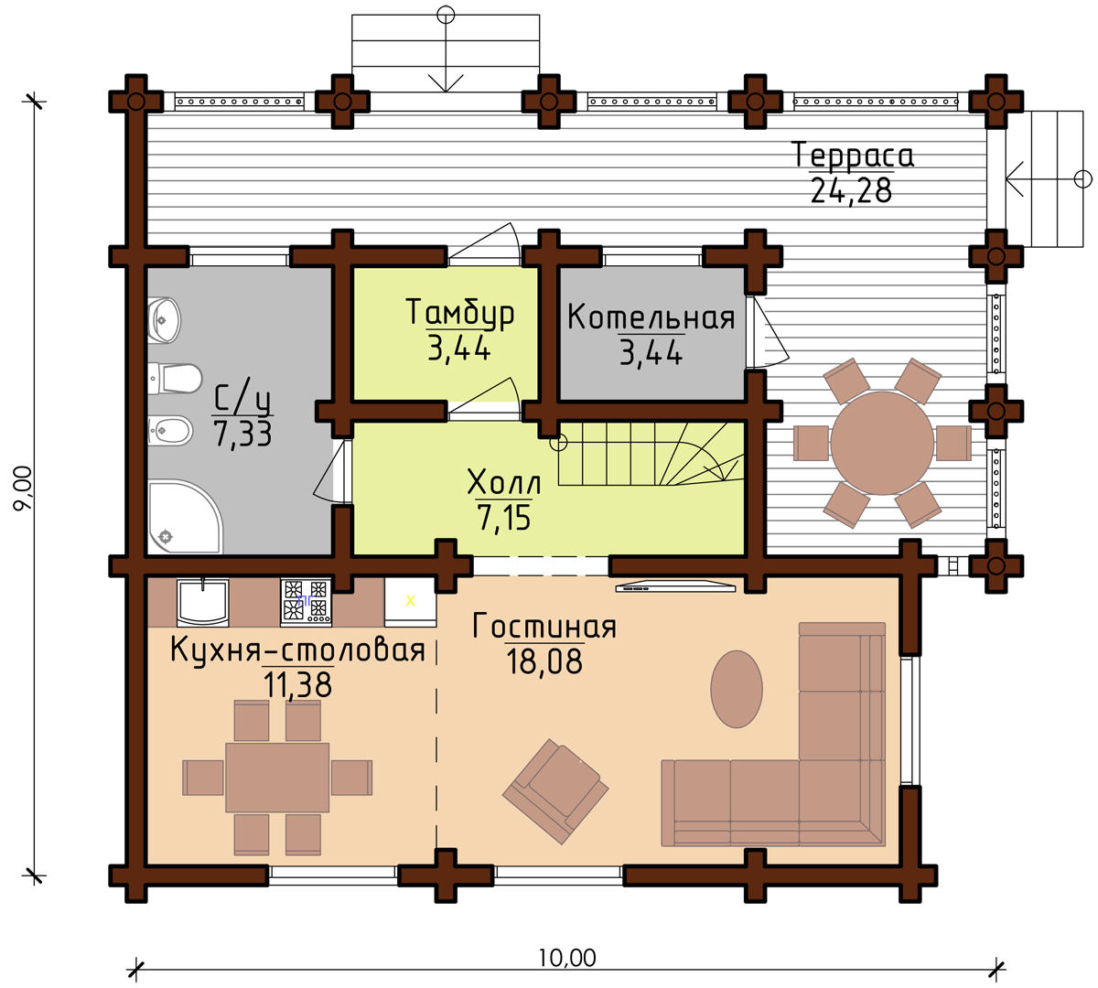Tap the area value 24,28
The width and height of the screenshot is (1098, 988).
[x=851, y=191]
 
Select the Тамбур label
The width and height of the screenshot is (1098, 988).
[x=459, y=313]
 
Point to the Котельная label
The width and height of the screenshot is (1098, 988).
[x=651, y=317]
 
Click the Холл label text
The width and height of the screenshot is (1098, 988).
[x=503, y=483]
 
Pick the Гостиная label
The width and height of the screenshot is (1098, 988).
[x=544, y=626]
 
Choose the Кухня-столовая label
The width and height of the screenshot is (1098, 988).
[x=297, y=650]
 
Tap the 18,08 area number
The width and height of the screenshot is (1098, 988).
[x=544, y=661]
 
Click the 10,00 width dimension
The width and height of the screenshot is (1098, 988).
[x=567, y=958]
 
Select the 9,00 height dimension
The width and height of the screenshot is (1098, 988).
[x=24, y=488]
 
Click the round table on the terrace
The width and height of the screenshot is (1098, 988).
[x=882, y=443]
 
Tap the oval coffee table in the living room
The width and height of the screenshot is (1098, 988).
[x=737, y=689]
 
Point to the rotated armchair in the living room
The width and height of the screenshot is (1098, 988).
[x=555, y=791]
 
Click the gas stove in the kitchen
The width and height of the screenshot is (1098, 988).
[x=306, y=602]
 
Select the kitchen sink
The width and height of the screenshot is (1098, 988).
[x=202, y=602]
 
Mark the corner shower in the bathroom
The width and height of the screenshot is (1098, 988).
[x=185, y=517]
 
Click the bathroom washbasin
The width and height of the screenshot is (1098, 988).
[x=164, y=320]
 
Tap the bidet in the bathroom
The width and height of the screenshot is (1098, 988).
[x=170, y=431]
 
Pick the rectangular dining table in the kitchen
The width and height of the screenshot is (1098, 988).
[x=277, y=778]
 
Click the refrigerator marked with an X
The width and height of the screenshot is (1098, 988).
[x=411, y=602]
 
